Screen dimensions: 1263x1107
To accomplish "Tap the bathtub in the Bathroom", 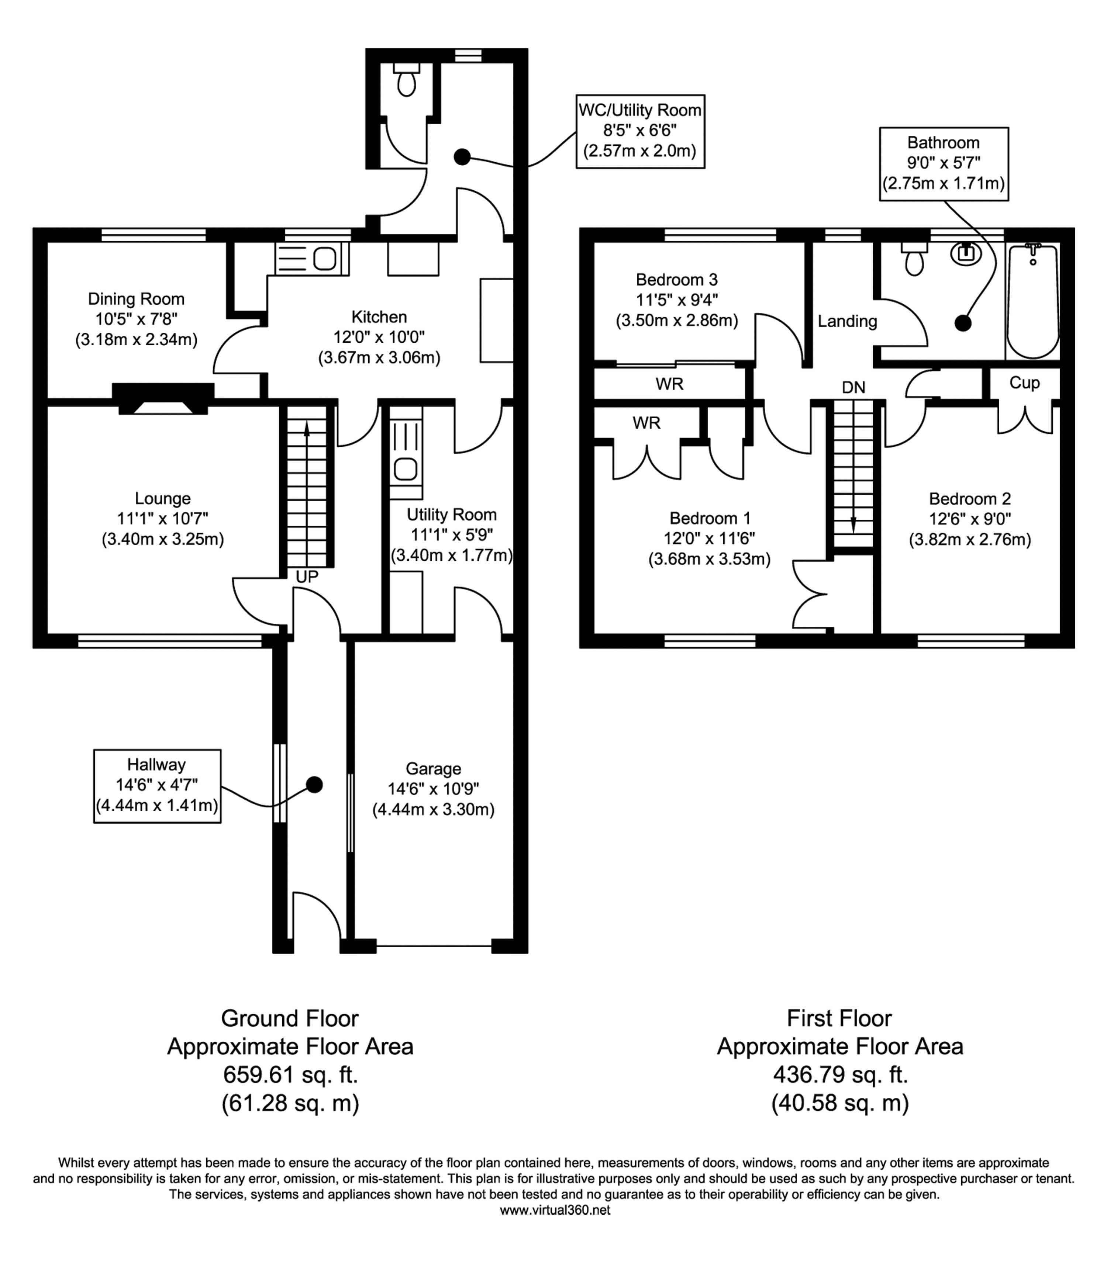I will pos(1033,301).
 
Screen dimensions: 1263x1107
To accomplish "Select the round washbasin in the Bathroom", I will pos(966,253).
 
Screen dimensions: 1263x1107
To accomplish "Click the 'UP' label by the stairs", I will pos(307,577).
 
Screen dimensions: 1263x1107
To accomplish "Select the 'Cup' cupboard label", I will pos(1024,383).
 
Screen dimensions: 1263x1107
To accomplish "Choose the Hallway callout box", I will pos(157,786).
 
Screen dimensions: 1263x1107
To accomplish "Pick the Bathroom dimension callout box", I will pos(943,164).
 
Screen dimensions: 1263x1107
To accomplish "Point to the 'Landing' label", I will pos(847,321).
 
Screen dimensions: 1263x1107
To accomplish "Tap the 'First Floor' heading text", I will pos(839,1018).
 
